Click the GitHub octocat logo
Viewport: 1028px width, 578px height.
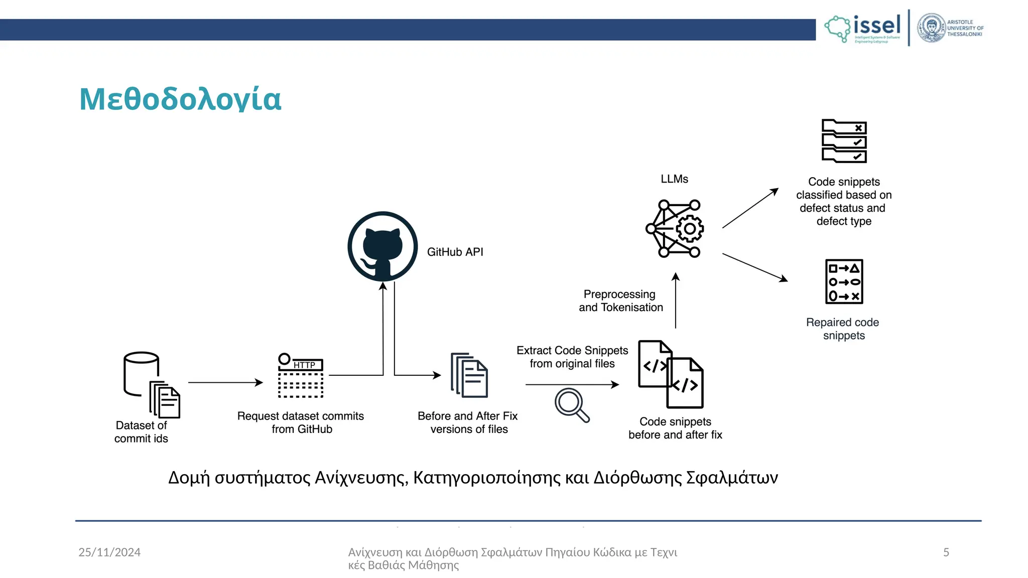382,246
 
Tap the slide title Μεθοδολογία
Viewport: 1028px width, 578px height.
180,99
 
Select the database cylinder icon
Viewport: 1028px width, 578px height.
142,373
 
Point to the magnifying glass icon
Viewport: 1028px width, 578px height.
571,404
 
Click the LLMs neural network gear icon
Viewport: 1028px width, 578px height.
675,229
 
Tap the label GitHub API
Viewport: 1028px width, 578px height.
455,252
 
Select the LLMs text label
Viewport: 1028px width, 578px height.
674,179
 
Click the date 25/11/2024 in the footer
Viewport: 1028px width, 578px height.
109,552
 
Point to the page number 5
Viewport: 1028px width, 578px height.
946,552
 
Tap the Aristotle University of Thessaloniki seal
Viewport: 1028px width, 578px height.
932,28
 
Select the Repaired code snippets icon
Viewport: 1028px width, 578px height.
844,281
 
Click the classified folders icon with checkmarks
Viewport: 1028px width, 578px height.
844,141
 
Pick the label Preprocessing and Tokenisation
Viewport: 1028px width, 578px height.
621,301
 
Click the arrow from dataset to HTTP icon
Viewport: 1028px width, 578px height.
225,382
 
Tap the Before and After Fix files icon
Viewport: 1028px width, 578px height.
469,375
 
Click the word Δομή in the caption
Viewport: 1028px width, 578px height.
189,478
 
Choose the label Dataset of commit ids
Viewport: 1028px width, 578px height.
141,432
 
